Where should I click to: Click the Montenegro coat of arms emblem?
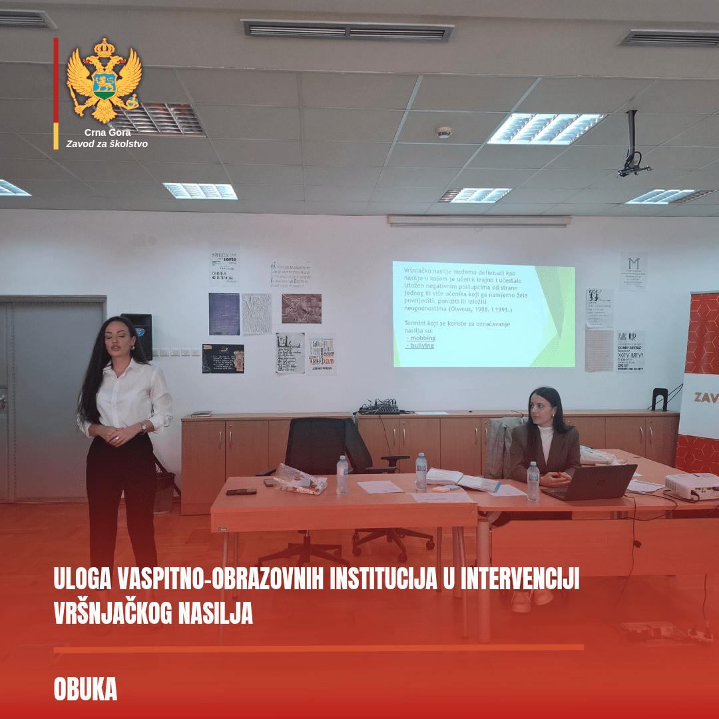click(104, 80)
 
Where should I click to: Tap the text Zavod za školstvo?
click(107, 144)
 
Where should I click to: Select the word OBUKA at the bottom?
click(85, 690)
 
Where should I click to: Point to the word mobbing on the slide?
click(422, 338)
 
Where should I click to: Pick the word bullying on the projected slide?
click(421, 346)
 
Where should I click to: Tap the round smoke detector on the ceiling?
click(443, 132)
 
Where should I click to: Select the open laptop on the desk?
click(590, 481)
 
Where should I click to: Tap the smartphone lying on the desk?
click(241, 492)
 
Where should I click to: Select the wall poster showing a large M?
click(633, 270)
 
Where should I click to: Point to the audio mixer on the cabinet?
click(379, 407)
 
